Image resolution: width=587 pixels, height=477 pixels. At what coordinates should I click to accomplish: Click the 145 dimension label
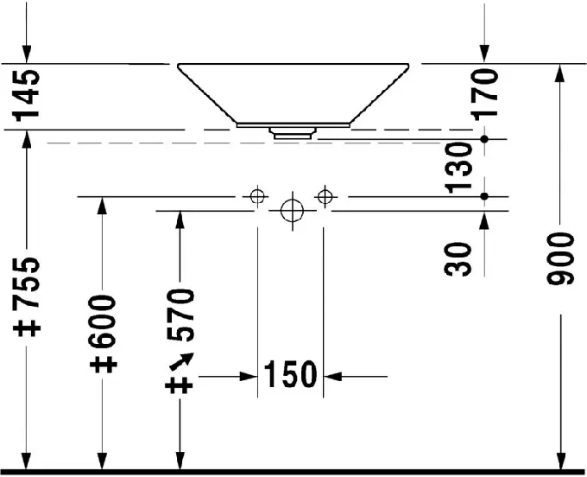[x=26, y=95]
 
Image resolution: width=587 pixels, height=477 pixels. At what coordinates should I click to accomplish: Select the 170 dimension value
[x=485, y=95]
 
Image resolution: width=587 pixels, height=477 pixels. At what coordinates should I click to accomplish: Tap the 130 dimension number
[x=458, y=167]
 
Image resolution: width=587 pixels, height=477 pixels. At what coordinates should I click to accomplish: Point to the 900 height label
[x=560, y=259]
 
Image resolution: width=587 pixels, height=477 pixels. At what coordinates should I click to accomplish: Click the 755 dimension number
[x=26, y=283]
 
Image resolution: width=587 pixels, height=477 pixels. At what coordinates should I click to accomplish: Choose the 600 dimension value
[x=103, y=321]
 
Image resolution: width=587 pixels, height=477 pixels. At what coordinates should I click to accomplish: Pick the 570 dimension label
[x=180, y=315]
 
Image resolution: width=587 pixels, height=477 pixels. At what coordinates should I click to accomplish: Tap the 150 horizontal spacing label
[x=290, y=374]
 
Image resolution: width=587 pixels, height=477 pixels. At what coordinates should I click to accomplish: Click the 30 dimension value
[x=458, y=259]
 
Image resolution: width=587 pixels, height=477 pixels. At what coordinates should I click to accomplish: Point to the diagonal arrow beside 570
[x=181, y=361]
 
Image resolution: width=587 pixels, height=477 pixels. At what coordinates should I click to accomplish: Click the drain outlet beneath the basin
[x=293, y=133]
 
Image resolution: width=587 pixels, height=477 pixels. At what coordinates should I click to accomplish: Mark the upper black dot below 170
[x=484, y=139]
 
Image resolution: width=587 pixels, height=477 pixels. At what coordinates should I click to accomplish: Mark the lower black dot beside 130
[x=484, y=196]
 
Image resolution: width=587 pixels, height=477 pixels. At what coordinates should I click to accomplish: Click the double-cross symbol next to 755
[x=27, y=328]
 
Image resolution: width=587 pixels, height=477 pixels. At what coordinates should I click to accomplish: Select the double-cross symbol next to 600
[x=104, y=364]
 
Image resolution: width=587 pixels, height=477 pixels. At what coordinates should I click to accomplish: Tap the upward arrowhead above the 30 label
[x=484, y=220]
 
